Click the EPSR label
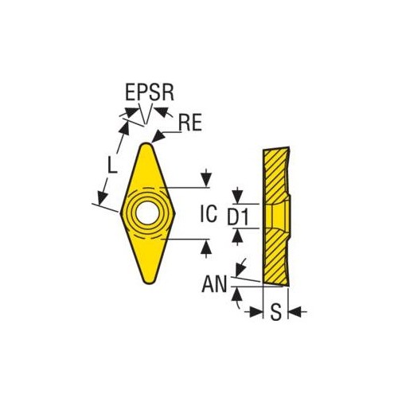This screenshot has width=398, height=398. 150,92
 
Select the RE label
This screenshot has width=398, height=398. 190,123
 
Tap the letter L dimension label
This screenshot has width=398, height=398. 112,165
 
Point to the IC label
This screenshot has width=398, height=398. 209,213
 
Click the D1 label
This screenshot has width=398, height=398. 238,217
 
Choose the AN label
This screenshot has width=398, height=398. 214,283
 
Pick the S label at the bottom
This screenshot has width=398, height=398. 275,311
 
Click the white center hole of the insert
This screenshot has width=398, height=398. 146,213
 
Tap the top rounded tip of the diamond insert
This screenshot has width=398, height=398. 146,145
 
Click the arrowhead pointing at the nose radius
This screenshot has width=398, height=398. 158,136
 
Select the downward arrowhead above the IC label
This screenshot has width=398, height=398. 206,179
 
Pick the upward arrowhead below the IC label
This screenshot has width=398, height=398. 206,248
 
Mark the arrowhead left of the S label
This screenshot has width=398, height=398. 256,312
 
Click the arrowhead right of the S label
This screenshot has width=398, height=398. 295,312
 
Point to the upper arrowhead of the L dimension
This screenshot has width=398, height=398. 125,129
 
